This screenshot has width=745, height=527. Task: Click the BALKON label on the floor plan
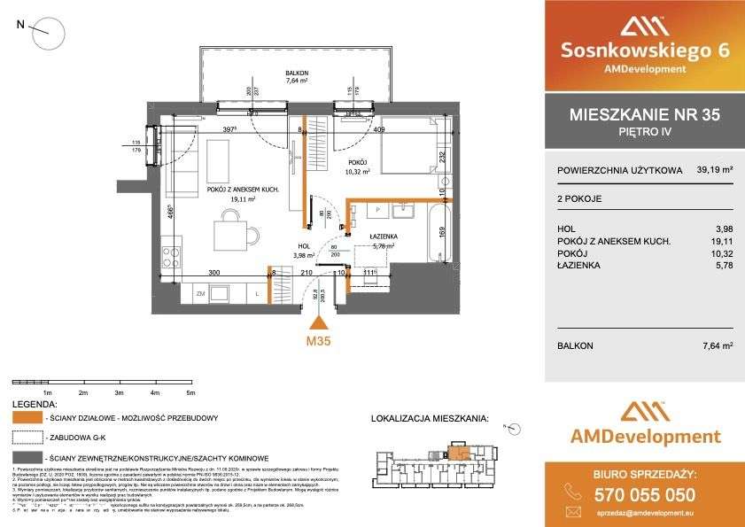coord(296,73)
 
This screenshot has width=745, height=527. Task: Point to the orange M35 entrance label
coord(318,341)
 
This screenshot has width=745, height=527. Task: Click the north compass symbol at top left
coord(49,35)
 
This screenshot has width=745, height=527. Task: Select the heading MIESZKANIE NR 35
coord(643,115)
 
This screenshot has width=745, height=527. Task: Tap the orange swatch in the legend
coord(30,415)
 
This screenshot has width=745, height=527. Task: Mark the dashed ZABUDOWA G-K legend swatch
coord(30,436)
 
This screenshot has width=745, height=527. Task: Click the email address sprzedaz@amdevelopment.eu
coord(658,513)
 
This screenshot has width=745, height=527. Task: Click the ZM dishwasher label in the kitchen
coord(201,294)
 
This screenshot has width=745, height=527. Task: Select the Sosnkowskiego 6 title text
coord(644,50)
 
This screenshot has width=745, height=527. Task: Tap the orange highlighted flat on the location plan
coord(458,454)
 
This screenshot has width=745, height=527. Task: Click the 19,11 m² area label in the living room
coord(219,200)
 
